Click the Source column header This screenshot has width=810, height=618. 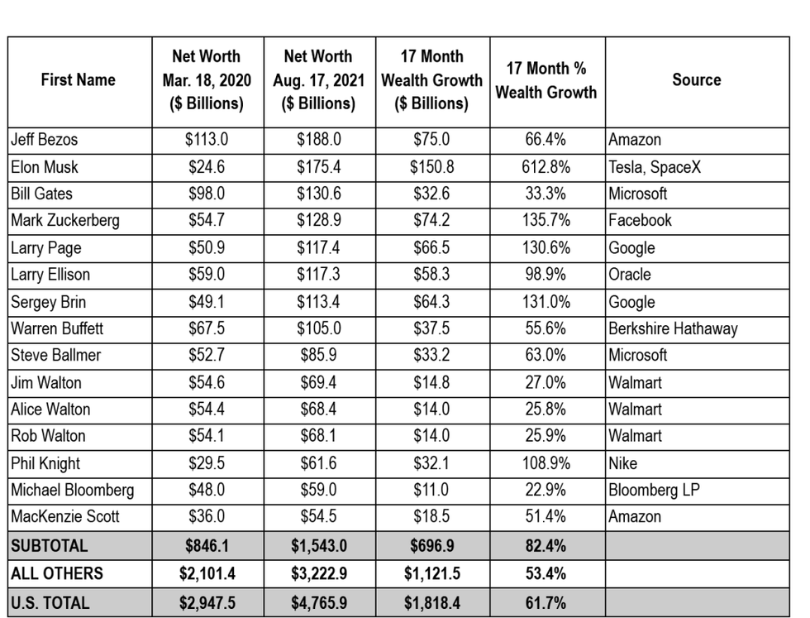point(696,80)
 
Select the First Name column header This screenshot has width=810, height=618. point(78,80)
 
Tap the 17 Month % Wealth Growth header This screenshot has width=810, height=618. point(546,80)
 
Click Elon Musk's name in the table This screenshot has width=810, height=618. point(45,167)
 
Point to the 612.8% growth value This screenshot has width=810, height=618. point(546,167)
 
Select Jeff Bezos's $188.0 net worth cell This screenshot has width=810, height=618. point(318,140)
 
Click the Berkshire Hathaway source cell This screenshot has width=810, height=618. point(673,328)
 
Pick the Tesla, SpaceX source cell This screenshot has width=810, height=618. point(655,167)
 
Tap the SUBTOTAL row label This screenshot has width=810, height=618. point(49,546)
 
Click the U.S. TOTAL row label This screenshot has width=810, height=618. point(51,601)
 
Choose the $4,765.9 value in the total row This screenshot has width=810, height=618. point(318,601)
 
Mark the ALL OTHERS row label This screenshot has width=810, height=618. point(57,573)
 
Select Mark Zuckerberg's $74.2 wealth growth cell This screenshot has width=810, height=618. point(431,221)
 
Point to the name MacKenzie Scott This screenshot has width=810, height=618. point(65,516)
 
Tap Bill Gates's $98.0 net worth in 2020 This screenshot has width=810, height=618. point(207,194)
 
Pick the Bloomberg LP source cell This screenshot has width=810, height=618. point(654,490)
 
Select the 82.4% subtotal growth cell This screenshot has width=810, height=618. point(546,546)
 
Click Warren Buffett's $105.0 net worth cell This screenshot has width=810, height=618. point(318,328)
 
